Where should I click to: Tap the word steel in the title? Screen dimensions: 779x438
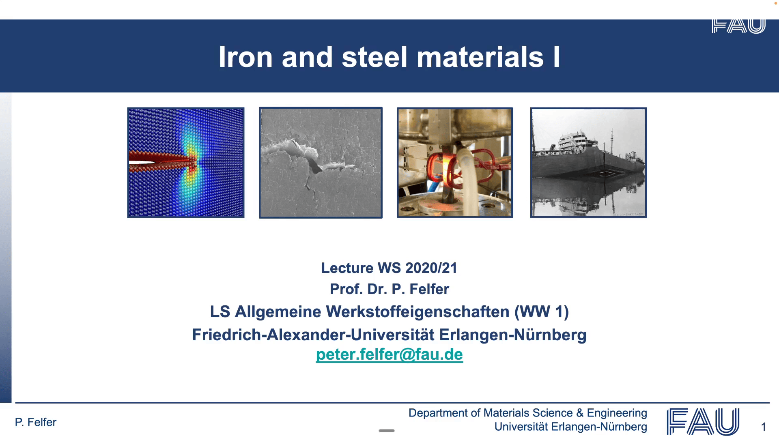(x=374, y=57)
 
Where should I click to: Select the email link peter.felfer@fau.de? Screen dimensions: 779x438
(x=389, y=354)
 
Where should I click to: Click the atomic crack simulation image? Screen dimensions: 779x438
(x=186, y=163)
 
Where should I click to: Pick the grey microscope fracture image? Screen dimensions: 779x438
(x=321, y=163)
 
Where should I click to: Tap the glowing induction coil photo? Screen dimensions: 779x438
(x=455, y=163)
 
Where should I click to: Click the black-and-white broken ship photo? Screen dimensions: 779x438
(x=588, y=163)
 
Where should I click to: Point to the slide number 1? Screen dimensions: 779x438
(x=764, y=427)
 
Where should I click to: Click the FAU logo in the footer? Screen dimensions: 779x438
(x=703, y=421)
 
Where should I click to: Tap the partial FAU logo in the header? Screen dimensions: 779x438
(x=738, y=26)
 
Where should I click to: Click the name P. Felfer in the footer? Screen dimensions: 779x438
(x=36, y=422)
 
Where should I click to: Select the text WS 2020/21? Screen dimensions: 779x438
(x=417, y=268)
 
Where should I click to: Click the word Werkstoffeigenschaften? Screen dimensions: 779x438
(x=417, y=312)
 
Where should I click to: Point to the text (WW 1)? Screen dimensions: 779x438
(x=542, y=312)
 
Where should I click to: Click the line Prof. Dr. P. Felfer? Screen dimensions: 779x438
(x=389, y=289)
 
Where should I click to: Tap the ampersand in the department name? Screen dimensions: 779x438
(x=580, y=413)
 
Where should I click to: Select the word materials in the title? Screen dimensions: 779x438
(x=480, y=57)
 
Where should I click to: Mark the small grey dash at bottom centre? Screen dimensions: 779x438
(x=387, y=431)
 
